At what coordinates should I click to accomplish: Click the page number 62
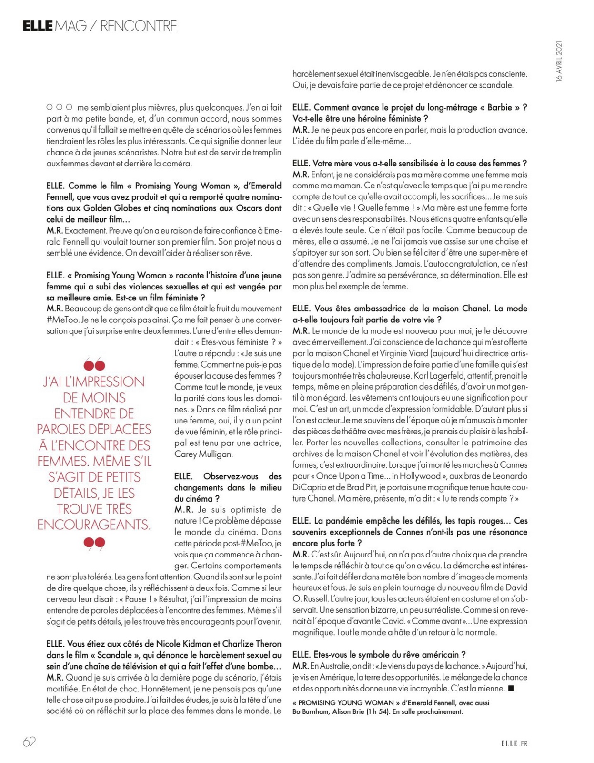[29, 742]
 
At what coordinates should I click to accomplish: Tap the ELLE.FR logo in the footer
[514, 743]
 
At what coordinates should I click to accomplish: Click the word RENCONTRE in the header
[138, 26]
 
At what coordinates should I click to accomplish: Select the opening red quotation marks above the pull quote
[94, 365]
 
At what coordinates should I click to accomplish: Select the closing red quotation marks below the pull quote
[94, 543]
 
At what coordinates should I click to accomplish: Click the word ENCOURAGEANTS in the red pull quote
[94, 525]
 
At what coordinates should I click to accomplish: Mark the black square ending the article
[512, 688]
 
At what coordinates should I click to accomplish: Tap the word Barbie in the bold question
[500, 107]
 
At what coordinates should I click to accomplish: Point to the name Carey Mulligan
[203, 454]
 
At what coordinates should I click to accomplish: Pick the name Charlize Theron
[252, 644]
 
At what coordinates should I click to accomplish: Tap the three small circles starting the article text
[60, 107]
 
